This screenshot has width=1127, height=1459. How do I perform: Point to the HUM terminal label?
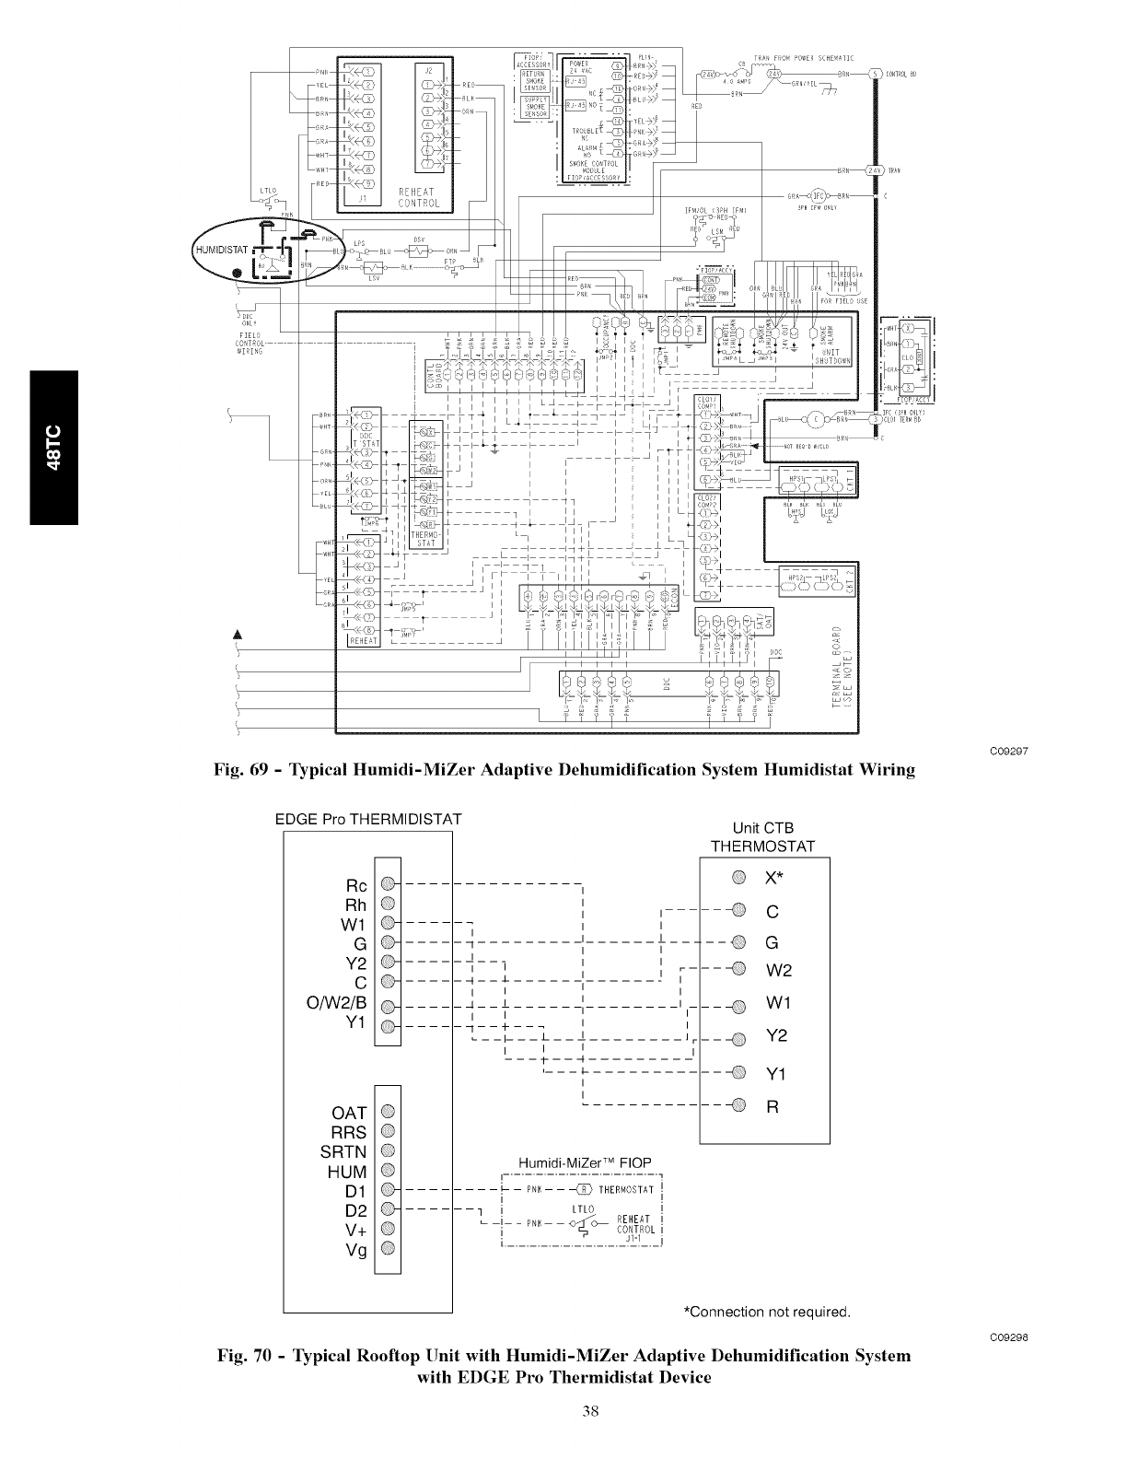coord(347,1172)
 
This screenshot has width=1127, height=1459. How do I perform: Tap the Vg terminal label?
coord(355,1251)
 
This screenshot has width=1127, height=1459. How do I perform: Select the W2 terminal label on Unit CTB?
coord(779,971)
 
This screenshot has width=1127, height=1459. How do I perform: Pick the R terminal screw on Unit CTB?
coord(738,1105)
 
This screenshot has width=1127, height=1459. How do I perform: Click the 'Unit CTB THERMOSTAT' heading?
coord(763,837)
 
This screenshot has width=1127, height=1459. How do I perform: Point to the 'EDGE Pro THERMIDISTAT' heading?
coord(368,818)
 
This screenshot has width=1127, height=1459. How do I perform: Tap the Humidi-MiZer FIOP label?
coord(585,1163)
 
